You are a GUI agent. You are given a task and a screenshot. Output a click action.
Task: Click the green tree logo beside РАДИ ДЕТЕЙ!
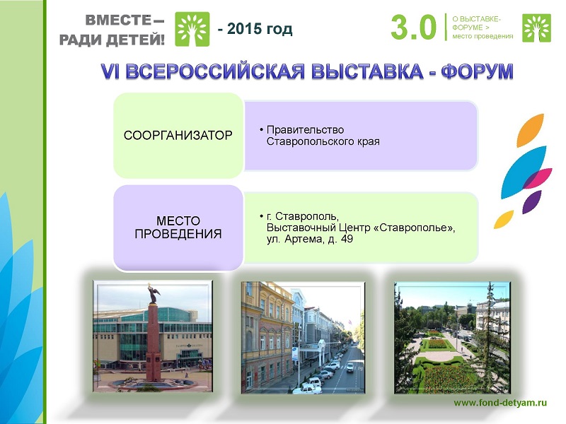click(x=192, y=29)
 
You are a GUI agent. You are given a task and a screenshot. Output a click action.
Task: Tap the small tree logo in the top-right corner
click(x=536, y=28)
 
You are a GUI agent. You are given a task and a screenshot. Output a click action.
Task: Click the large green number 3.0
click(x=413, y=28)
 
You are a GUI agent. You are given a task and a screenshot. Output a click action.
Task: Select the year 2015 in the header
click(x=244, y=29)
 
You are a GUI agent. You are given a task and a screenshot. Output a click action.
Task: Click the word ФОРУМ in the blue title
click(x=477, y=71)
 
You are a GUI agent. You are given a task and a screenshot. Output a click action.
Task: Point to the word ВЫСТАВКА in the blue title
click(x=366, y=71)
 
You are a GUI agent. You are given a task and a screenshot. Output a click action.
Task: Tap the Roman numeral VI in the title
click(x=110, y=71)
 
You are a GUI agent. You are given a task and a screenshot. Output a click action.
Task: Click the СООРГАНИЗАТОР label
click(x=178, y=136)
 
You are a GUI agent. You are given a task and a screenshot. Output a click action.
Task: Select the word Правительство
click(x=305, y=130)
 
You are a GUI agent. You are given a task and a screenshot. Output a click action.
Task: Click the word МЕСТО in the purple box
click(x=178, y=220)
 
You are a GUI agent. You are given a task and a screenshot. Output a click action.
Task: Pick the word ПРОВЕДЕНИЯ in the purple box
click(x=178, y=234)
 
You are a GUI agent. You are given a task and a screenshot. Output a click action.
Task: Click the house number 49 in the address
click(x=346, y=239)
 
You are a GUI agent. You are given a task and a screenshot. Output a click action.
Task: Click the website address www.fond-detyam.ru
click(x=500, y=403)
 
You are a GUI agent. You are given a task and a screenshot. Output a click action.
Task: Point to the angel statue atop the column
click(x=154, y=293)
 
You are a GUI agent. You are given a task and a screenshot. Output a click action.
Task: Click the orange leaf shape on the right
click(x=530, y=130)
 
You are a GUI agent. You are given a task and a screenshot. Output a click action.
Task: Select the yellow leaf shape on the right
click(x=504, y=219)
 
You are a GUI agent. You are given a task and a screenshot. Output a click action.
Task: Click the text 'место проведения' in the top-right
click(x=483, y=36)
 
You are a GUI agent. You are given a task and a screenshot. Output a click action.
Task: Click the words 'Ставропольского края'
click(x=323, y=141)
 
